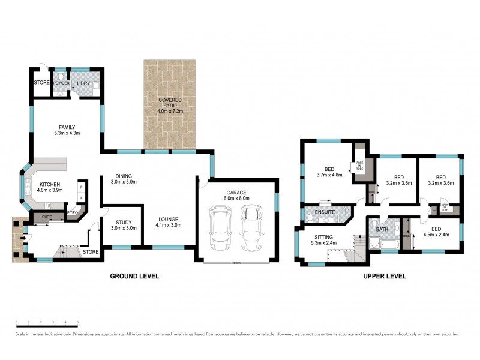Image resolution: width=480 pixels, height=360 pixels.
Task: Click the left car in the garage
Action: tap(220, 229)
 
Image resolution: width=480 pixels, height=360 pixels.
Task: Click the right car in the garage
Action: tap(251, 229)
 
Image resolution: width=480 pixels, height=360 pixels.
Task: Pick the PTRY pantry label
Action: tap(73, 212)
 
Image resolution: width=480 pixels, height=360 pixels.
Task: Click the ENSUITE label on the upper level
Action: tap(317, 212)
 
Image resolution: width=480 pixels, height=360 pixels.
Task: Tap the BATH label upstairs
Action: tap(382, 229)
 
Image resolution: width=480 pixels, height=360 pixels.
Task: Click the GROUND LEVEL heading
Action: tap(134, 277)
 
